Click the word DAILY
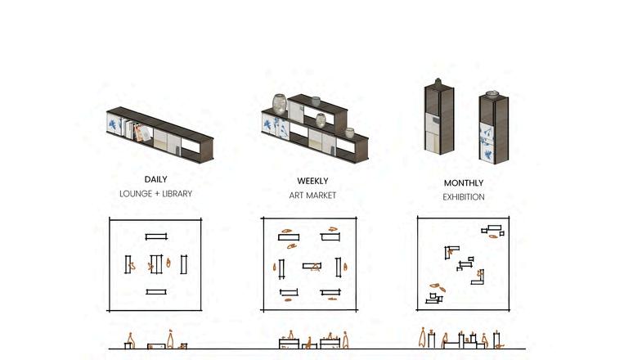coord(155,178)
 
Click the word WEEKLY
coord(312,181)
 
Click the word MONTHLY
coord(464,183)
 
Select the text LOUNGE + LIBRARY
coord(155,193)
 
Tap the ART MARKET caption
coord(312,196)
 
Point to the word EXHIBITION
coord(464,197)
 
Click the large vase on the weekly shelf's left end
coord(280,104)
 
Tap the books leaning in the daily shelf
coord(140,132)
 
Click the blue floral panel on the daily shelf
coord(114,125)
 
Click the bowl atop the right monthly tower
coord(492,94)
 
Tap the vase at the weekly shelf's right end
coord(350,133)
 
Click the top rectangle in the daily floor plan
coord(155,236)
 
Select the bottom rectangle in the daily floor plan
coord(155,291)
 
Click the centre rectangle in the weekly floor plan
coord(312,265)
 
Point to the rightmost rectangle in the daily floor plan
coord(184,263)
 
